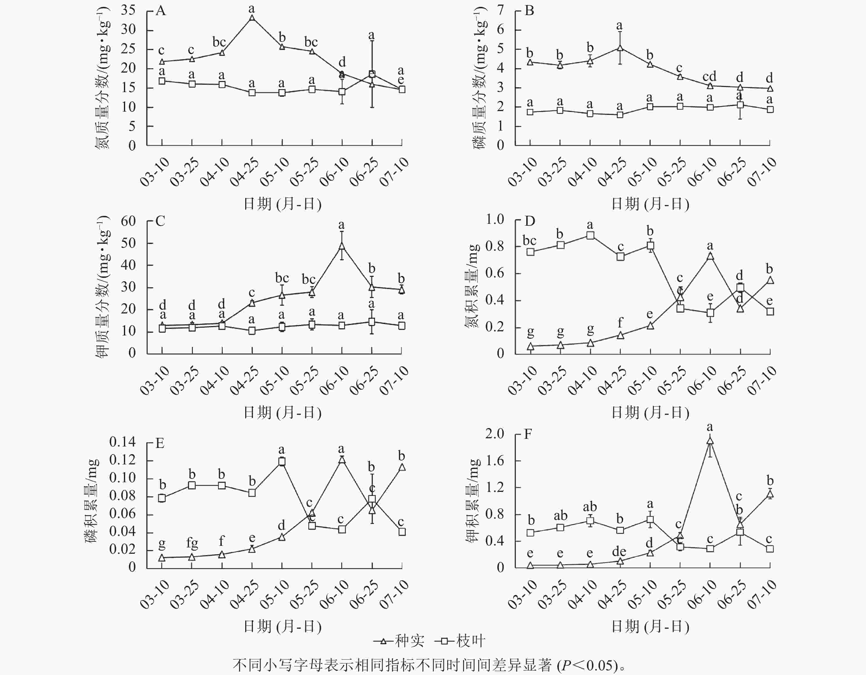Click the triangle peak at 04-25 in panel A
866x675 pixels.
[252, 18]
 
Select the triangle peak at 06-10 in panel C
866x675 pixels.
[342, 246]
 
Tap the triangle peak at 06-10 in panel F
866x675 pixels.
[710, 440]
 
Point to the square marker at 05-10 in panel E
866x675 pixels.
[282, 462]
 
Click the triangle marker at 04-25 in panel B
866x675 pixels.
[620, 48]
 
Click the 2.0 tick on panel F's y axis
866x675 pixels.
[495, 434]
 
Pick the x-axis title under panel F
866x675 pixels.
[650, 627]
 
